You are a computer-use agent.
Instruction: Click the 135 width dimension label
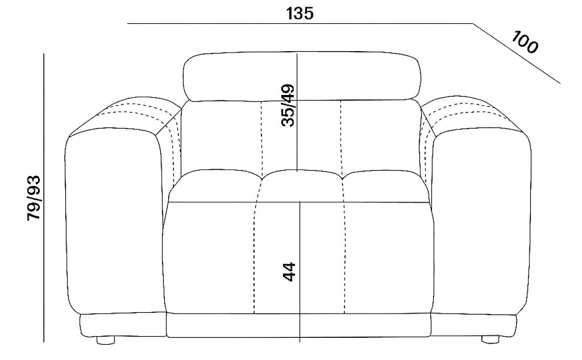300,14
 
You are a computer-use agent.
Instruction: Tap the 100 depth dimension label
525,42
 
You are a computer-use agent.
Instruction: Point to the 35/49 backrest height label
288,106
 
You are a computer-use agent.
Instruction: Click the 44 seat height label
289,272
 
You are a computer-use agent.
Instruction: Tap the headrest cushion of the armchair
302,77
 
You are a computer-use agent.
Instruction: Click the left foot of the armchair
105,340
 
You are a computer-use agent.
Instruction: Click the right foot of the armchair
490,339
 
